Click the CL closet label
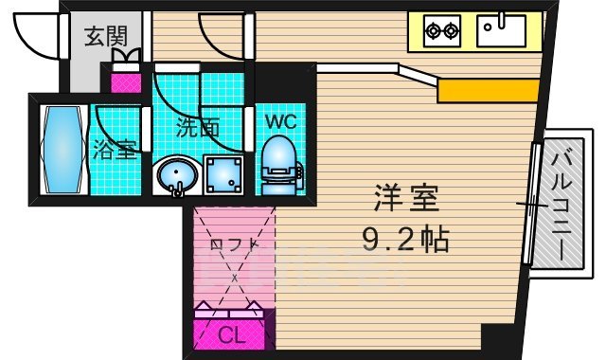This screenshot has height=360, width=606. point(229,335)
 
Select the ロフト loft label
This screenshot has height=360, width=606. point(233,244)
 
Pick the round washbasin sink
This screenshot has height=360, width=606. point(175,175)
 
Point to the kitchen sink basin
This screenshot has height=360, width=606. point(500,30)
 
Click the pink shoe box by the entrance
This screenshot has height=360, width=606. point(125,81)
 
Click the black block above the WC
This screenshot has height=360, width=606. point(282,83)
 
